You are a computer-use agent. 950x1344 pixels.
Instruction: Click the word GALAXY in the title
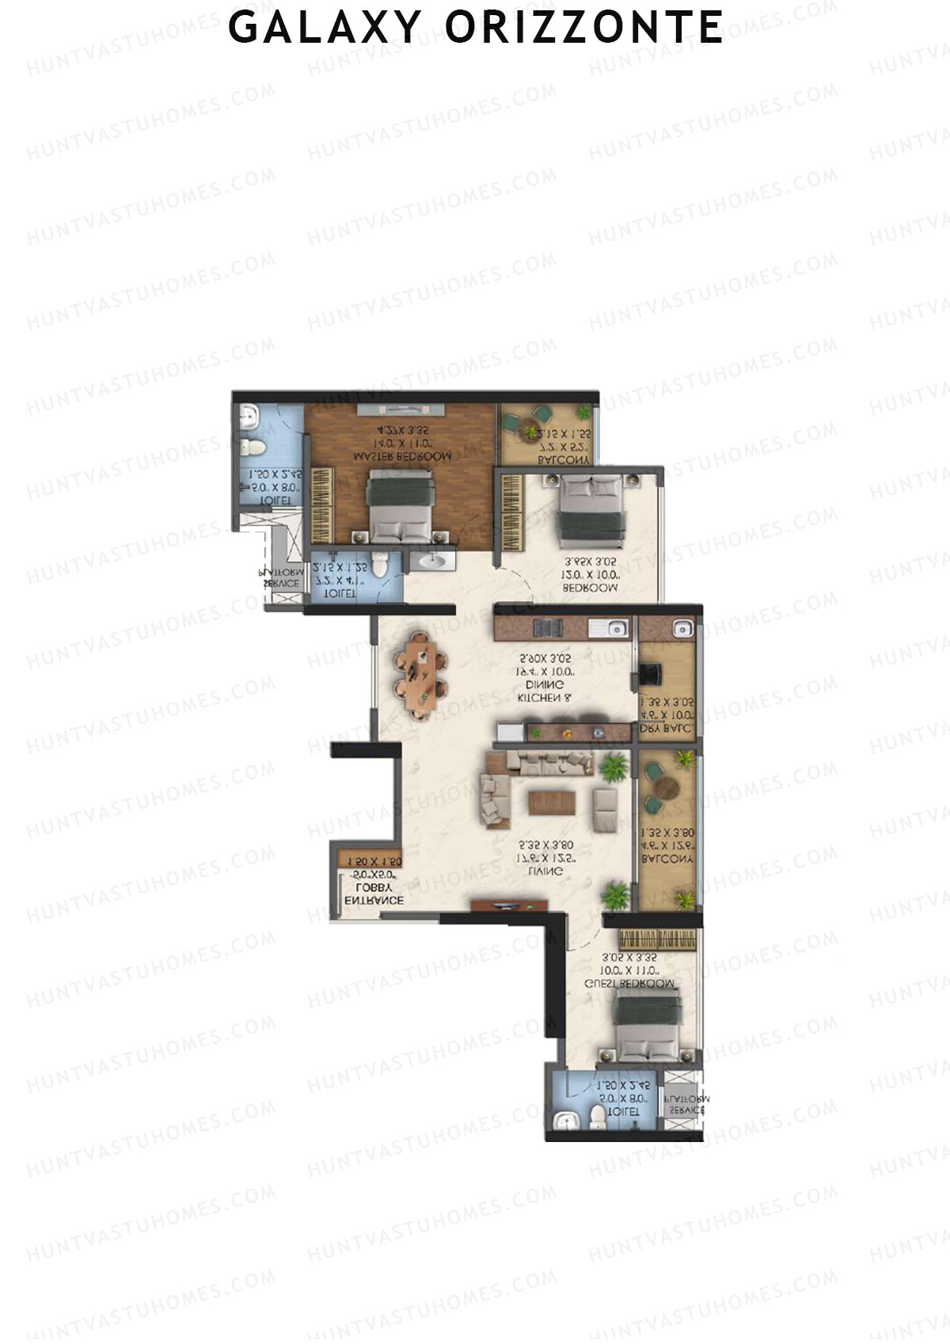(x=324, y=27)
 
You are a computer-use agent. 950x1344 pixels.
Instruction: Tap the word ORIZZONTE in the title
(x=584, y=27)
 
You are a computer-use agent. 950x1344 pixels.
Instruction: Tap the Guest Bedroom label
(x=629, y=984)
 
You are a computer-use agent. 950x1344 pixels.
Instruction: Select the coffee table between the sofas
(x=548, y=802)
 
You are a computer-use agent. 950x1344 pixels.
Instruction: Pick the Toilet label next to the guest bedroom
(x=622, y=1112)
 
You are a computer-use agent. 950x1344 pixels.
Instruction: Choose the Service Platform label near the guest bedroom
(x=686, y=1105)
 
